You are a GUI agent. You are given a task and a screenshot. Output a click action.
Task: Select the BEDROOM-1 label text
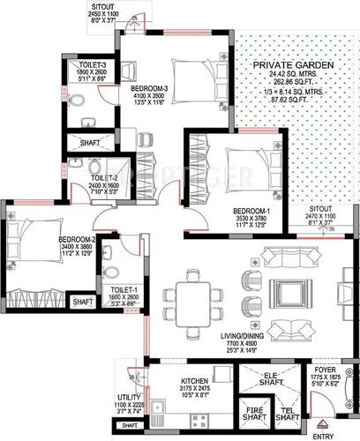tap(251, 212)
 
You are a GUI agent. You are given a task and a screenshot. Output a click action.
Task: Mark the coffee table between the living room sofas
tap(286, 291)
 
